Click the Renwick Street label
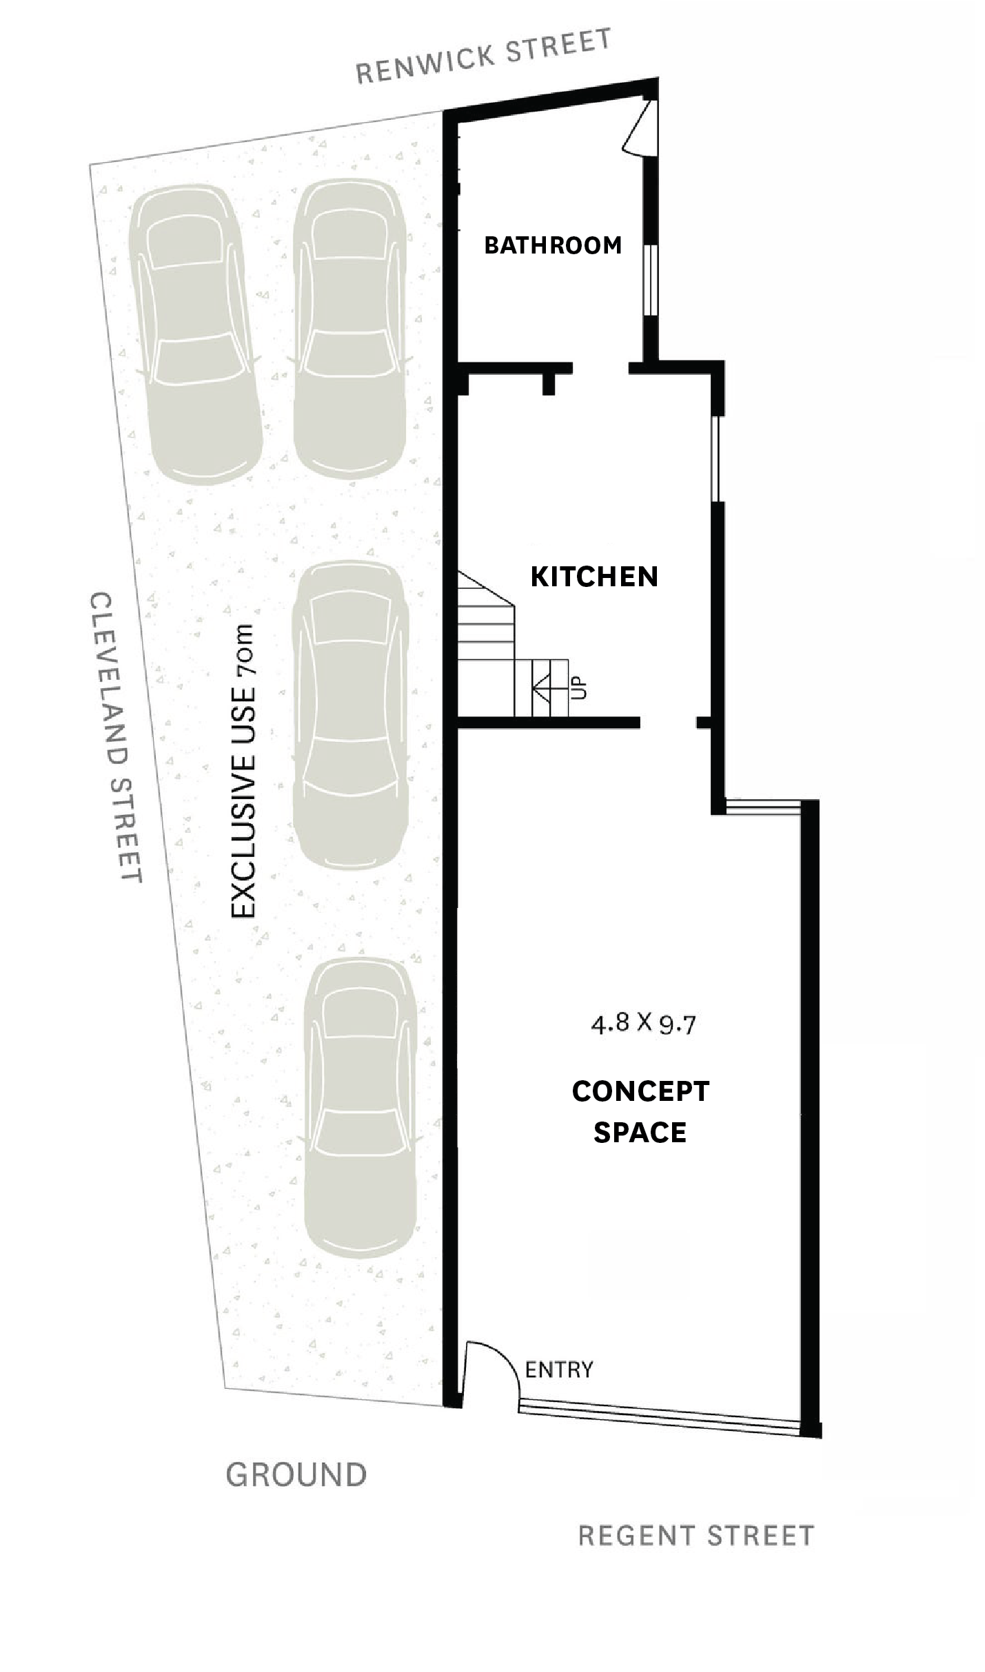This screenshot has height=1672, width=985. coord(483,56)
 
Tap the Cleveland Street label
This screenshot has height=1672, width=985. coord(115,737)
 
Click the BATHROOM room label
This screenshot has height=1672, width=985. coord(553,245)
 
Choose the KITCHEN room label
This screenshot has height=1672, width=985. coord(594,577)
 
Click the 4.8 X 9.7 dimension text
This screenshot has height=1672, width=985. coord(642,1024)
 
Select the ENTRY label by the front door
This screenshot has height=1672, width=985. coord(558,1370)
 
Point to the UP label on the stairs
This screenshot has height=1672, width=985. coord(580,688)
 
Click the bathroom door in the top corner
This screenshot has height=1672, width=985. coord(638,127)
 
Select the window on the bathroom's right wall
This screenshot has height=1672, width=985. coord(650,280)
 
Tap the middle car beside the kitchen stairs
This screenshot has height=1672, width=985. coord(348,714)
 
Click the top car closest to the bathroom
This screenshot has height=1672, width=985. coord(351,331)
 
